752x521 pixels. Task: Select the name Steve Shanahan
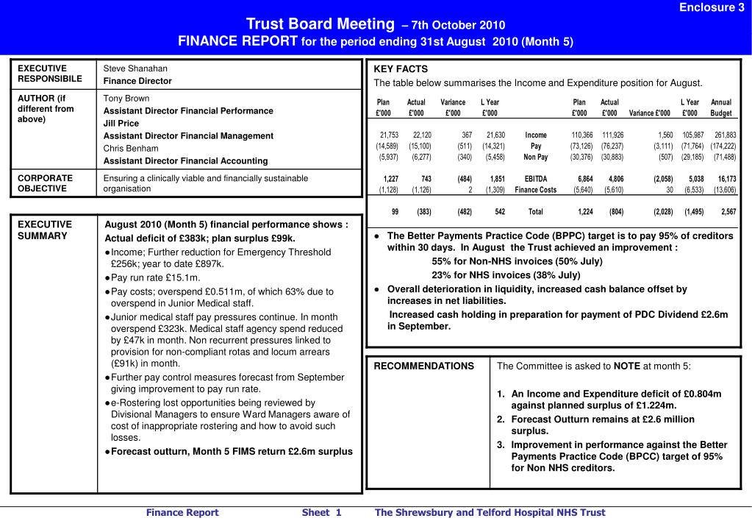point(135,68)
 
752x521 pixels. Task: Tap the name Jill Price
point(121,123)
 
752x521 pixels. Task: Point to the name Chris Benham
point(131,148)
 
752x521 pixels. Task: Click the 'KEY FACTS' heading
point(401,69)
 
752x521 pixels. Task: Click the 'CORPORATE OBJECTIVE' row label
point(45,183)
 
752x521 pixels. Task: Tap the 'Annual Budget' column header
point(721,107)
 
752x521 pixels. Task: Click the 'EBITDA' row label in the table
point(535,179)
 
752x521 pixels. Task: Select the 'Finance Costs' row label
point(536,190)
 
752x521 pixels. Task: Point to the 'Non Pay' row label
point(535,157)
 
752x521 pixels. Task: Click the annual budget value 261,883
point(725,135)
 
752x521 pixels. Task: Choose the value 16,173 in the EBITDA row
point(727,179)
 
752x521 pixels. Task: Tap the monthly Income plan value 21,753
point(389,135)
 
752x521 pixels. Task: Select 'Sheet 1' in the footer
point(321,512)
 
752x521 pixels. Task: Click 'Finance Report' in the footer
point(182,512)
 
